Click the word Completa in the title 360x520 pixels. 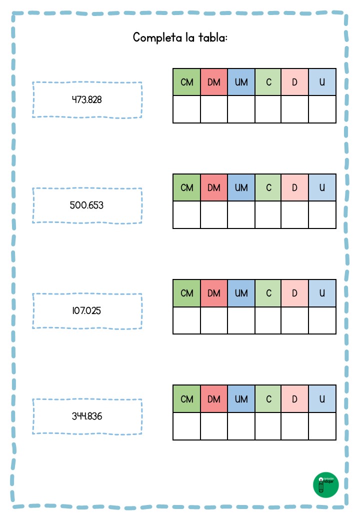tap(157, 37)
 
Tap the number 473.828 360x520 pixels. tap(87, 99)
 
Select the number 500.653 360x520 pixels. tap(86, 205)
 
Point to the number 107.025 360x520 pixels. tap(86, 310)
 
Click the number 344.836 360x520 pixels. tap(87, 416)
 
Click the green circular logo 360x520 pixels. tap(326, 485)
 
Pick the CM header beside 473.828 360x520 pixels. tap(186, 82)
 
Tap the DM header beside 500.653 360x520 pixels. tap(214, 187)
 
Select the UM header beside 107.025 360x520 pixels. tap(241, 293)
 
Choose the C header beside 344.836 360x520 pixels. tap(268, 399)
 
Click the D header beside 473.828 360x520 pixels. tap(294, 82)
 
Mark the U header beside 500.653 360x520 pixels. tap(322, 187)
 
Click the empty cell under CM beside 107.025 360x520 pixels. tap(186, 320)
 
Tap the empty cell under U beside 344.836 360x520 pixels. tap(322, 426)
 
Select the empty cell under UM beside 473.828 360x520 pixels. tap(241, 109)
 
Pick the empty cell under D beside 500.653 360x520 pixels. tap(294, 215)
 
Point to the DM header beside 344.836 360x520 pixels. tap(214, 399)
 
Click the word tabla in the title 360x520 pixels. tap(212, 37)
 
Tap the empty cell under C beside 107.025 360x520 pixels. tap(268, 320)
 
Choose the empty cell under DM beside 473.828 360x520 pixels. tap(214, 109)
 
